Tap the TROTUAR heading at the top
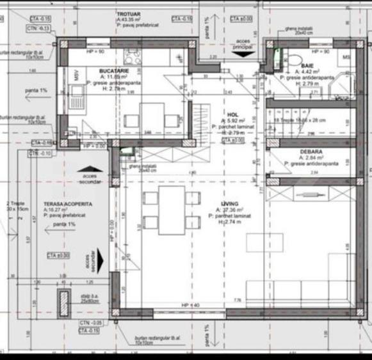130,13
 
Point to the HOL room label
232,114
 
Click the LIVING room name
230,203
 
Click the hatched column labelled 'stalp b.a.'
63,300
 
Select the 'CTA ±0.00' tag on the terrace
58,254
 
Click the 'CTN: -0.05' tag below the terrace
90,323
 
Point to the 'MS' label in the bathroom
346,58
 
